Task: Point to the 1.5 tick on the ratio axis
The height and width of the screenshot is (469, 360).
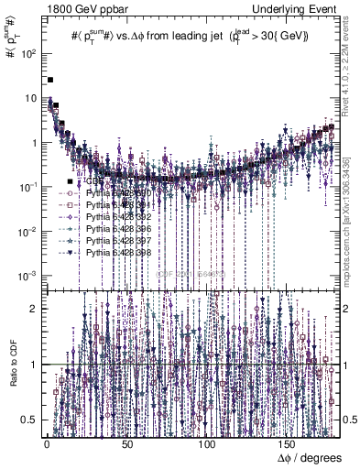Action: [x=35, y=335]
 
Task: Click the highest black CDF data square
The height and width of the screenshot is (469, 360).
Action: [x=51, y=81]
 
